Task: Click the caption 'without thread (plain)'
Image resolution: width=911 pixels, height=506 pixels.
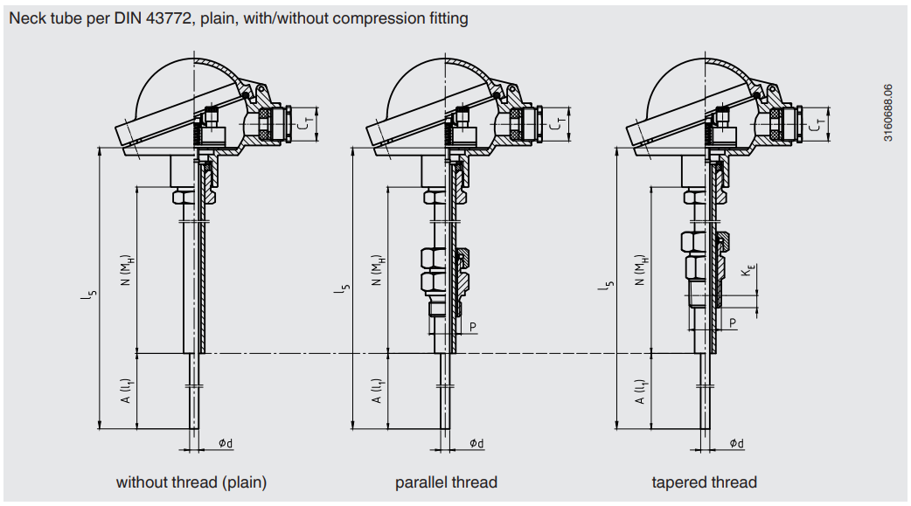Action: [191, 482]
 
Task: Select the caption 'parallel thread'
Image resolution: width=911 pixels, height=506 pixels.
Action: [446, 482]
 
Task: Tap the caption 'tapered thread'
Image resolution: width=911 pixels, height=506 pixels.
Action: [704, 482]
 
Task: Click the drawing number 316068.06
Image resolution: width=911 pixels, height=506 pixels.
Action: [888, 113]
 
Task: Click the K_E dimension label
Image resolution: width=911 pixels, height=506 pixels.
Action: [745, 273]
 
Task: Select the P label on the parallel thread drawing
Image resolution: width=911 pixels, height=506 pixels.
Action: [473, 326]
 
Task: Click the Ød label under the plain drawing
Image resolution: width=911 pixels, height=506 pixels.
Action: [226, 443]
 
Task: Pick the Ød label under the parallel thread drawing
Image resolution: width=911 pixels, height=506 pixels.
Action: [476, 443]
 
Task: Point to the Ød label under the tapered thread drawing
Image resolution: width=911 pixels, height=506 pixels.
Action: [737, 443]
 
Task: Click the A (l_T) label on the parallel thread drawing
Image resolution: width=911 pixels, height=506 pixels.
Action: [377, 391]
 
